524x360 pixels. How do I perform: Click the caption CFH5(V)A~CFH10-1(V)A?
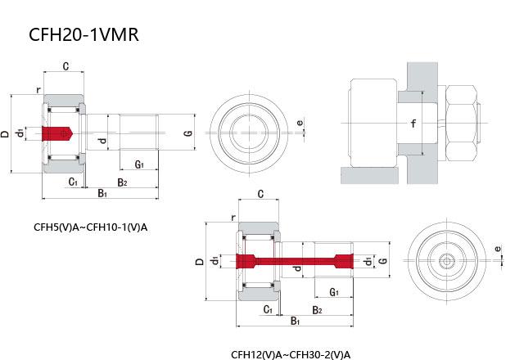[90, 227]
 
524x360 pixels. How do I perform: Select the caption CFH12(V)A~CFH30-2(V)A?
[291, 354]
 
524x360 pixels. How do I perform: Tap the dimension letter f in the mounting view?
[414, 125]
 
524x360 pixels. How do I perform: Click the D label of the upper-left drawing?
[6, 133]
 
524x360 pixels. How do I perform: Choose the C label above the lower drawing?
[260, 195]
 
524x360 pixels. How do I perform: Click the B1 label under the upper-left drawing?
[102, 193]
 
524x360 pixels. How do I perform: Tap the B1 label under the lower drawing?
[295, 322]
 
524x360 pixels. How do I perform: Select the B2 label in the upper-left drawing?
[121, 182]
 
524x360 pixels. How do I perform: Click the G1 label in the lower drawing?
[334, 292]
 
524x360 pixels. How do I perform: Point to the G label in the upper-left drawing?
[187, 133]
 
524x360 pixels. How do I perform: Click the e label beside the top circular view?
[300, 124]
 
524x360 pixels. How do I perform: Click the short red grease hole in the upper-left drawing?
[59, 133]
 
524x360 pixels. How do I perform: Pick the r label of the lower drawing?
[233, 218]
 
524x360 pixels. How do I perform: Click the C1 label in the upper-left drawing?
[73, 182]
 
